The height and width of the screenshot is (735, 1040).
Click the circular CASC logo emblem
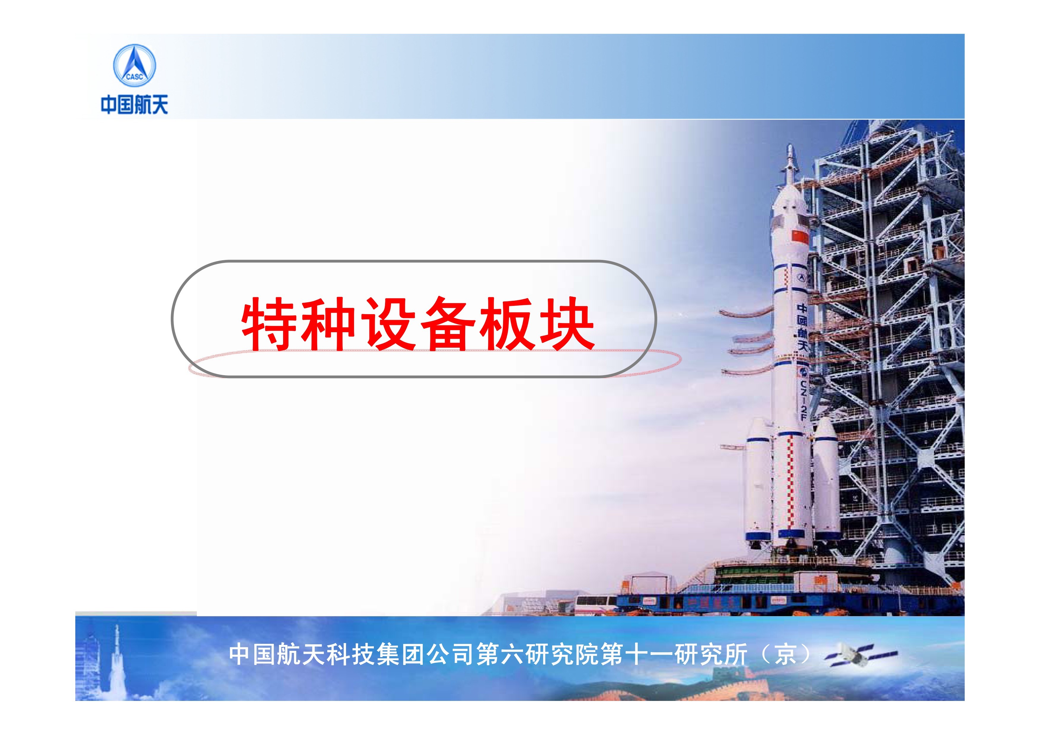pyautogui.click(x=134, y=66)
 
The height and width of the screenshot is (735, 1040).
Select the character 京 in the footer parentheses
pyautogui.click(x=785, y=654)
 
